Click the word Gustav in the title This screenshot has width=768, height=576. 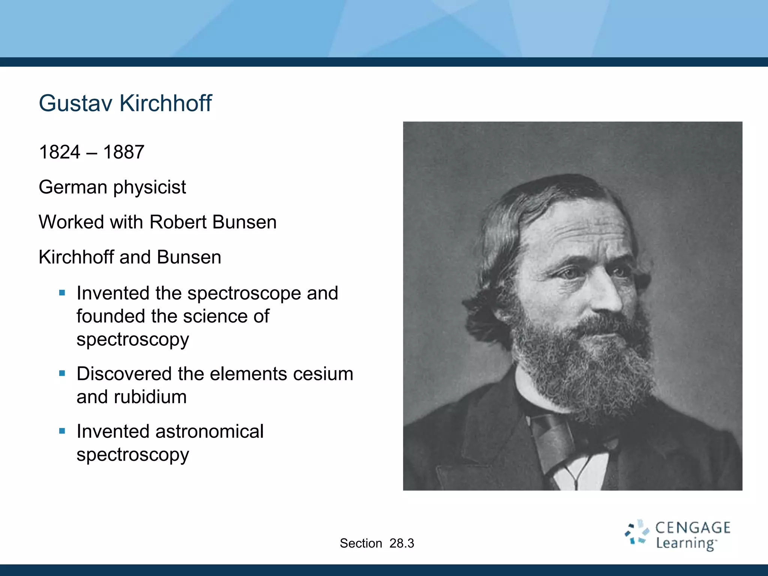click(75, 103)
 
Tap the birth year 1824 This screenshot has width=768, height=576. click(60, 152)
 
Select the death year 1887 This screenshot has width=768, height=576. click(123, 152)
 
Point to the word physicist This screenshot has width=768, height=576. click(149, 187)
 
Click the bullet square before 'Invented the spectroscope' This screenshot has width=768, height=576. click(62, 293)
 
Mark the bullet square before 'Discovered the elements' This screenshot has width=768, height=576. click(62, 373)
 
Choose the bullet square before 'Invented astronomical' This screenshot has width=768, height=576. click(62, 431)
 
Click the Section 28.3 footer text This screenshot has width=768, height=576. click(377, 543)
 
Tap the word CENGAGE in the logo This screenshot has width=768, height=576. click(693, 528)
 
